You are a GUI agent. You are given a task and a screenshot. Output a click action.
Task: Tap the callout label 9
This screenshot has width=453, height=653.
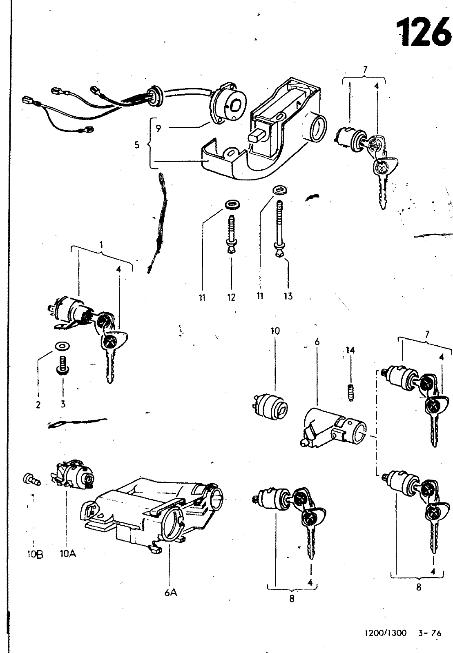coord(158,128)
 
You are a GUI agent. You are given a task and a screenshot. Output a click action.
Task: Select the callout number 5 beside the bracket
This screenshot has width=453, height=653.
coord(137,144)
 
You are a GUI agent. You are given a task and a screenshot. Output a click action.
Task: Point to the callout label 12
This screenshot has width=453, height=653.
coord(231,297)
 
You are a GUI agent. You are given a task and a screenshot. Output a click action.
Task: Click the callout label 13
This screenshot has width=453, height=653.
coord(288,296)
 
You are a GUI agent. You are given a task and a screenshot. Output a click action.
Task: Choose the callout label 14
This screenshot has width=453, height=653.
coord(350,350)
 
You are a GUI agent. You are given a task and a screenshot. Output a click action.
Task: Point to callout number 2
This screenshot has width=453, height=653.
coord(38,404)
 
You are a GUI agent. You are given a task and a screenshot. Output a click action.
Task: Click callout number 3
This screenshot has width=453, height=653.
coord(62,404)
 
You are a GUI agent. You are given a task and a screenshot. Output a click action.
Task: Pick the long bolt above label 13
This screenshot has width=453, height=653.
coord(280,229)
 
